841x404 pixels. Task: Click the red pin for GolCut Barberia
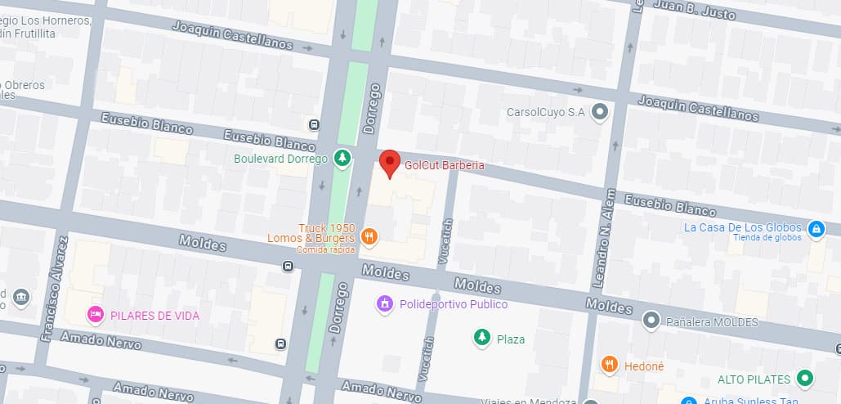[x=391, y=162]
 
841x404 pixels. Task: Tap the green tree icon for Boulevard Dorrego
[x=343, y=159]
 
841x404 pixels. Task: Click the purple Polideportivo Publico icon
[x=384, y=304]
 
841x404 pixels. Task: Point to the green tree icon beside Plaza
[x=482, y=338]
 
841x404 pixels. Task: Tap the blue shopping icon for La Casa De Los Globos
[x=815, y=230]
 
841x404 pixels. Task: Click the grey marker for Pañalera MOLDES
[x=651, y=320]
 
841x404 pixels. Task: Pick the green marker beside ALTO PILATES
[x=806, y=379]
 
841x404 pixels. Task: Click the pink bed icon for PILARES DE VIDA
[x=96, y=314]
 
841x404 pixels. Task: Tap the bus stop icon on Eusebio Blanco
[x=314, y=124]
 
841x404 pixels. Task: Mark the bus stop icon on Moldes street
[x=288, y=266]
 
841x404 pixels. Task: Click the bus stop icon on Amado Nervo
[x=280, y=343]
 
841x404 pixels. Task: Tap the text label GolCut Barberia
[x=445, y=165]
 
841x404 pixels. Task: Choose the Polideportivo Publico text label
[x=454, y=304]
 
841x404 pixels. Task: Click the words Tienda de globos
[x=767, y=238]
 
